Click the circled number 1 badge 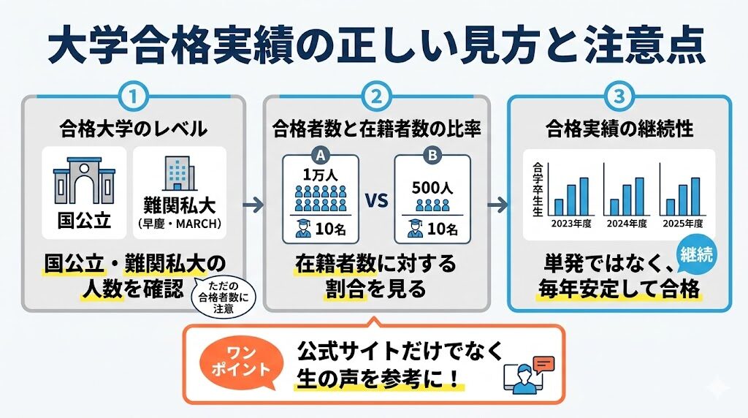[134, 96]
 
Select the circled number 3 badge [619, 96]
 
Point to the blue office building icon [177, 175]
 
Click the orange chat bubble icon [544, 363]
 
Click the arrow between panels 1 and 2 [253, 204]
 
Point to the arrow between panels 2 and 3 [497, 204]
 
